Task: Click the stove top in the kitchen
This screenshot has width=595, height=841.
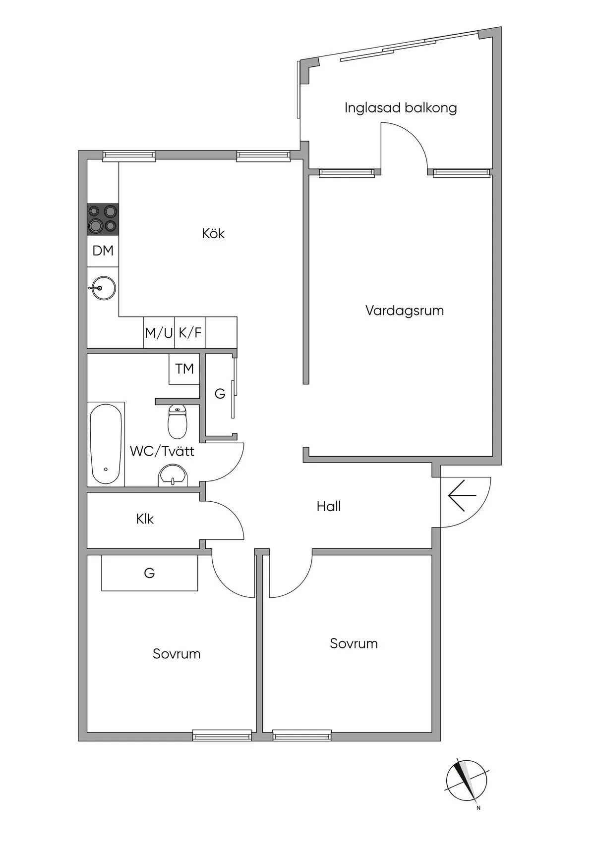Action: click(x=103, y=219)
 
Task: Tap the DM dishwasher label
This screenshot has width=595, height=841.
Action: click(x=103, y=251)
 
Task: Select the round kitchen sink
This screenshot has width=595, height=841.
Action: click(x=103, y=288)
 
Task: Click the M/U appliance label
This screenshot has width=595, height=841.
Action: click(x=159, y=333)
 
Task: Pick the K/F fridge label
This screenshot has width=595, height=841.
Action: click(x=190, y=332)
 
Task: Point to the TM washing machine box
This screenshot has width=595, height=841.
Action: click(x=184, y=368)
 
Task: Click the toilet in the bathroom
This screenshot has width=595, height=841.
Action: click(x=178, y=421)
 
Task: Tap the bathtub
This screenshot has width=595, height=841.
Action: click(x=106, y=444)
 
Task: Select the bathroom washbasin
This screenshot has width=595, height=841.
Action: click(x=173, y=475)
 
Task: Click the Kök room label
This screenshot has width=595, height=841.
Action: click(x=213, y=233)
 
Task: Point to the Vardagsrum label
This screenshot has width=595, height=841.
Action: click(x=405, y=311)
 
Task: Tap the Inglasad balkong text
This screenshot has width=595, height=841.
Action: click(x=401, y=108)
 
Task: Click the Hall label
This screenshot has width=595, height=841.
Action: click(x=329, y=507)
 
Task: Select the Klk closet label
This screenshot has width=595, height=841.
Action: click(x=145, y=519)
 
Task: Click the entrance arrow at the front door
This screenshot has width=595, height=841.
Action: click(x=462, y=496)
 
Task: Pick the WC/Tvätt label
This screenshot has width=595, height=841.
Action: click(x=162, y=451)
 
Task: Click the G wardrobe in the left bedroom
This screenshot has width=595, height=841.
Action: click(x=150, y=573)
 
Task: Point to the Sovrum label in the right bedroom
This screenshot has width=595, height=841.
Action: click(x=354, y=643)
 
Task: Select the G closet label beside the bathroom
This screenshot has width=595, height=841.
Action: click(x=220, y=393)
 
